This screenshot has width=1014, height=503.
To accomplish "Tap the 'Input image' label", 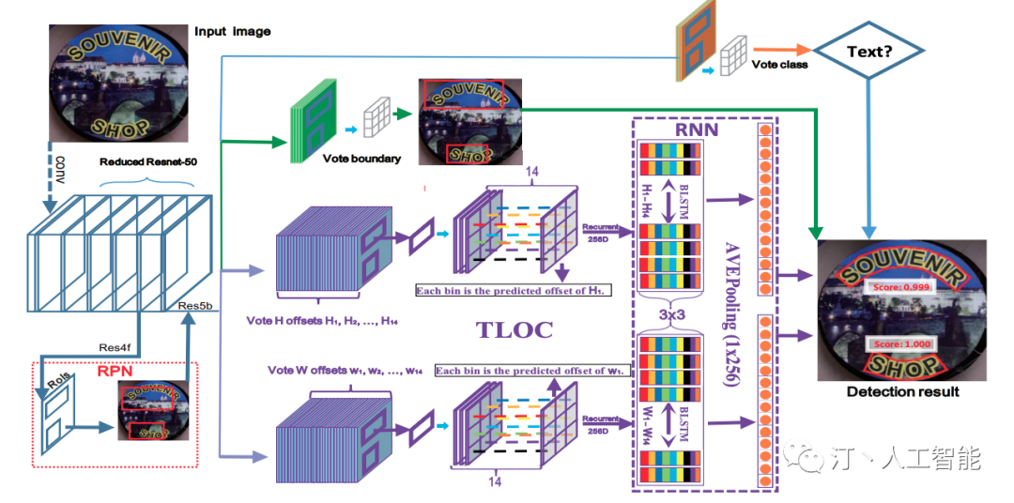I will pyautogui.click(x=232, y=32).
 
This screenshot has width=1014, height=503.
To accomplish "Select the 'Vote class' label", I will pyautogui.click(x=779, y=65).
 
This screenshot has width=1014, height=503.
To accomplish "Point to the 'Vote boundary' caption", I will pyautogui.click(x=361, y=159).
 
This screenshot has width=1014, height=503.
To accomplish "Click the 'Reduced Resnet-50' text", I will pyautogui.click(x=147, y=161).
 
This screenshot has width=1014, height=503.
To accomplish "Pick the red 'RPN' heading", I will pyautogui.click(x=116, y=372).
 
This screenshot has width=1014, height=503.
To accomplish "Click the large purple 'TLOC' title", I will pyautogui.click(x=515, y=329).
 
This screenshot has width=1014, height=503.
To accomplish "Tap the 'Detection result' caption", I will pyautogui.click(x=902, y=391).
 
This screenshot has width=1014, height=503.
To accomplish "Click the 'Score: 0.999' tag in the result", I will pyautogui.click(x=896, y=285).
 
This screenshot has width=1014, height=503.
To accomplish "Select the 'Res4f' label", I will pyautogui.click(x=116, y=347).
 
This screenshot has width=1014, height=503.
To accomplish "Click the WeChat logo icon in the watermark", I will pyautogui.click(x=808, y=458).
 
